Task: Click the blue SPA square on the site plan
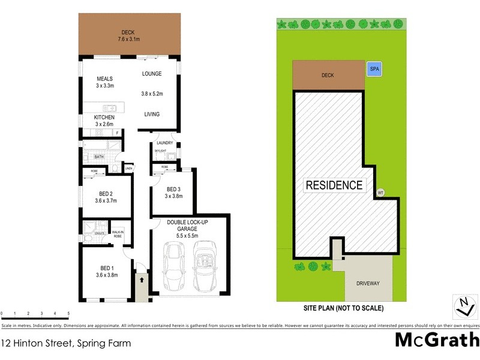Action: [374, 69]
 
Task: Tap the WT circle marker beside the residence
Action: [380, 193]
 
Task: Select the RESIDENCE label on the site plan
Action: [334, 185]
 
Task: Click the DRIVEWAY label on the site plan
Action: [368, 283]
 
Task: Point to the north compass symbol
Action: [463, 307]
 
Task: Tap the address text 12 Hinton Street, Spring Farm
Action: [67, 344]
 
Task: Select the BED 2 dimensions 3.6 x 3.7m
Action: [107, 201]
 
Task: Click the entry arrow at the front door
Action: [142, 279]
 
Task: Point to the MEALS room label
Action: [106, 79]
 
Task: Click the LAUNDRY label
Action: [164, 143]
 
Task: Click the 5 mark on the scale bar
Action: [68, 314]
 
